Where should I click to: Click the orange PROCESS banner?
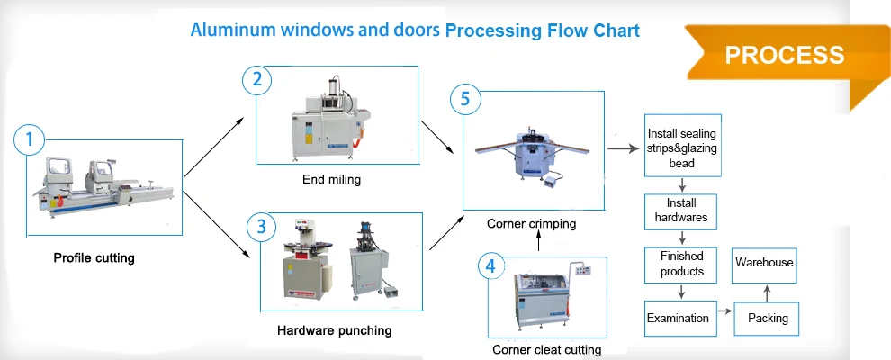click(x=785, y=55)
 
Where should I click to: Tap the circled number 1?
click(x=30, y=139)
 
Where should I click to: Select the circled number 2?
click(x=257, y=80)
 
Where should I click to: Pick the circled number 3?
click(x=261, y=227)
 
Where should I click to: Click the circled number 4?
click(x=490, y=266)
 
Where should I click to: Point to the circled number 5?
click(x=464, y=99)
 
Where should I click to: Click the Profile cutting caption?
click(x=94, y=258)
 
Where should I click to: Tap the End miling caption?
click(x=331, y=179)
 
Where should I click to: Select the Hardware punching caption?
click(x=335, y=330)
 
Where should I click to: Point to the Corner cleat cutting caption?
click(x=546, y=349)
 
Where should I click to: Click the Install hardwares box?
click(x=682, y=211)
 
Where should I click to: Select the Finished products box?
click(x=682, y=264)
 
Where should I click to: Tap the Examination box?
click(x=678, y=318)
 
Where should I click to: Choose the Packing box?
click(x=768, y=318)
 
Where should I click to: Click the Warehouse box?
click(x=764, y=263)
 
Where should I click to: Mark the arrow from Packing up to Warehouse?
click(x=767, y=292)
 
